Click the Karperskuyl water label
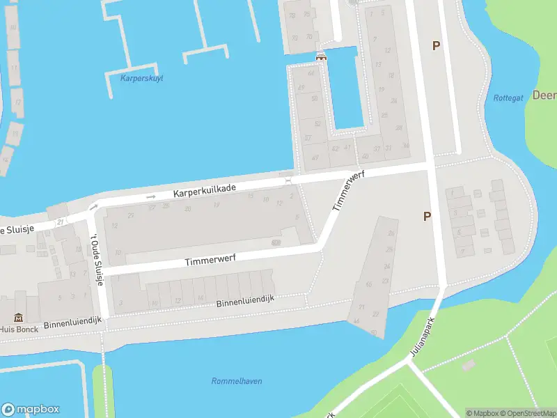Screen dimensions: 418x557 [x=141, y=78]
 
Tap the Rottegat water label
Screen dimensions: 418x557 [x=508, y=98]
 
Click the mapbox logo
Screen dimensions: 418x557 [x=31, y=410]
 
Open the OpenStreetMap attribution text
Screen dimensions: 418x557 [x=528, y=412]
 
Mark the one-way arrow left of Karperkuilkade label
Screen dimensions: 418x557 [x=151, y=197]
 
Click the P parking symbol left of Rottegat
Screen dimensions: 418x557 [x=437, y=46]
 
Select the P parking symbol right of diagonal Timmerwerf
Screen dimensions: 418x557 [x=427, y=217]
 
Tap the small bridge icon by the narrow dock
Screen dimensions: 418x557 [x=321, y=56]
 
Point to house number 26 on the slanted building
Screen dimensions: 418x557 [x=391, y=233]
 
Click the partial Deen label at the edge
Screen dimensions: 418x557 [x=544, y=95]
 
